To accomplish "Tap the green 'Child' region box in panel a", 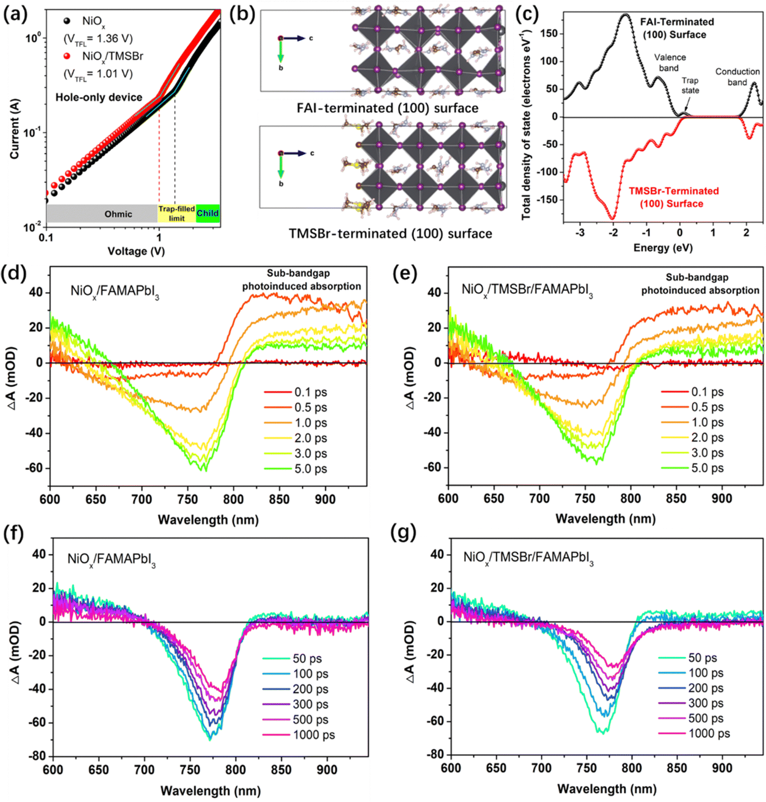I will pos(207,213).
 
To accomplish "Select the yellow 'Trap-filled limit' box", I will pos(176,213).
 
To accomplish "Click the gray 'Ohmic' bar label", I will pos(118,214).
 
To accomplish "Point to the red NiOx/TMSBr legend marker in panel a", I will pos(67,56).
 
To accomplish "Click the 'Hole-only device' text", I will pos(99,97).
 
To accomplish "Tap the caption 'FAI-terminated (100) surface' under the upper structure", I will pos(387,108).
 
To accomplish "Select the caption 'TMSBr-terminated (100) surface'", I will pos(390,234).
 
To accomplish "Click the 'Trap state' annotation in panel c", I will pos(689,85).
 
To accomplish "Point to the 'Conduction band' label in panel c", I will pos(737,77).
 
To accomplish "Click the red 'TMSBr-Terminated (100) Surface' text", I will pos(673,197).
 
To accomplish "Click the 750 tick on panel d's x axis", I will pos(188,499).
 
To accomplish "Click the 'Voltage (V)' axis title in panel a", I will pos(136,251).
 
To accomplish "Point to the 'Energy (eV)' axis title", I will pos(662,247).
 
